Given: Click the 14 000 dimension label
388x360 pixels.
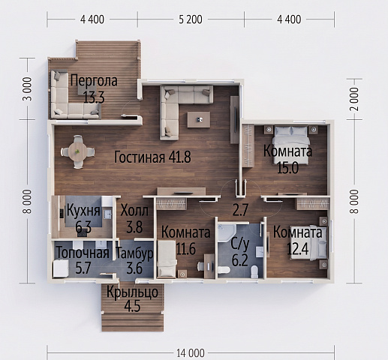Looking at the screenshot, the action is pyautogui.click(x=191, y=353).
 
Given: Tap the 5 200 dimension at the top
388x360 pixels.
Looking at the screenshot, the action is pyautogui.click(x=191, y=19).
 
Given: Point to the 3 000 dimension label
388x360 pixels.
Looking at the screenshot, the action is pyautogui.click(x=27, y=89).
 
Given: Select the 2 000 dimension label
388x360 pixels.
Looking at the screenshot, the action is pyautogui.click(x=354, y=99).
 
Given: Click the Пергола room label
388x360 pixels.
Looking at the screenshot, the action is pyautogui.click(x=94, y=81).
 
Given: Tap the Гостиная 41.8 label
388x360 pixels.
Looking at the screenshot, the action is pyautogui.click(x=152, y=157).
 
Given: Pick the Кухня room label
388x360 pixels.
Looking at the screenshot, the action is pyautogui.click(x=83, y=211).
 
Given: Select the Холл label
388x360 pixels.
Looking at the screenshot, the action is pyautogui.click(x=134, y=211).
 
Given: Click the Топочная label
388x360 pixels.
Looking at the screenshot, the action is pyautogui.click(x=83, y=253).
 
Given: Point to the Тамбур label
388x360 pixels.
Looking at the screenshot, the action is pyautogui.click(x=134, y=253).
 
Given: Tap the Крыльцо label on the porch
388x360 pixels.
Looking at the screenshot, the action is pyautogui.click(x=132, y=292).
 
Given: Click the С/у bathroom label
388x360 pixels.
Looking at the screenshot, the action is pyautogui.click(x=239, y=244).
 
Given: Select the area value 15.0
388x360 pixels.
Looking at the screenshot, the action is pyautogui.click(x=287, y=168).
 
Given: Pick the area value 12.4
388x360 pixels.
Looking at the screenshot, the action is pyautogui.click(x=297, y=249).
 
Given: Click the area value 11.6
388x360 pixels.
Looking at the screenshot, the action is pyautogui.click(x=185, y=249).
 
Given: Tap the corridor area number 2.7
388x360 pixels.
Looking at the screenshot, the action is pyautogui.click(x=240, y=210).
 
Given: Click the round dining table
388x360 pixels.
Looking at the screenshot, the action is pyautogui.click(x=78, y=151).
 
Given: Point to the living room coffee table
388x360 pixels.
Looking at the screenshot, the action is pyautogui.click(x=199, y=119).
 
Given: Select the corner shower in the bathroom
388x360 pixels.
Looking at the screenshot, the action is pyautogui.click(x=226, y=233).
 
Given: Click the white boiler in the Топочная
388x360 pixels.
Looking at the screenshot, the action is pyautogui.click(x=61, y=268).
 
